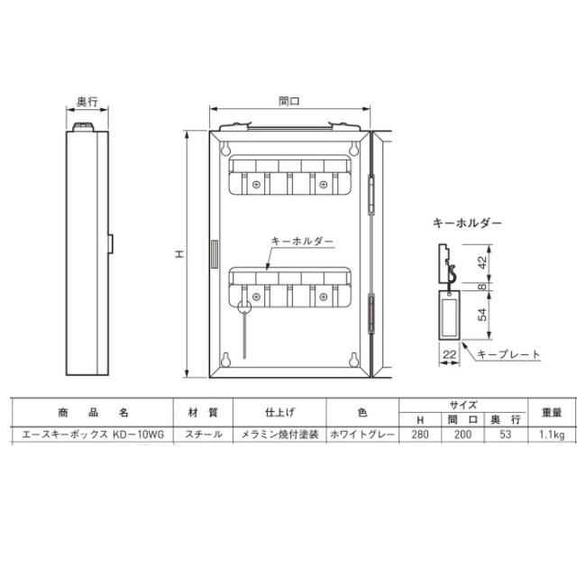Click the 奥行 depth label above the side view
point(87,101)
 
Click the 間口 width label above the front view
point(289,101)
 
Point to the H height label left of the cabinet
point(180,254)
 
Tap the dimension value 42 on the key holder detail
point(482,262)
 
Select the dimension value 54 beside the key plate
point(483,315)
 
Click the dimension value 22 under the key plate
point(449,354)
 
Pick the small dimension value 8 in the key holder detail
point(482,287)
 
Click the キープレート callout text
point(508,354)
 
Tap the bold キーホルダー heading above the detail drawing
point(467,223)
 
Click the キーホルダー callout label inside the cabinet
point(302,242)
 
